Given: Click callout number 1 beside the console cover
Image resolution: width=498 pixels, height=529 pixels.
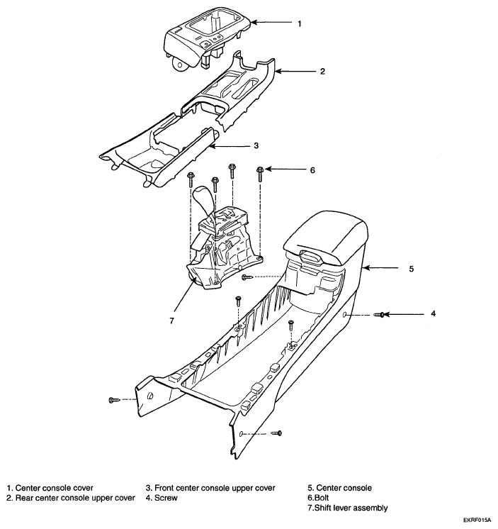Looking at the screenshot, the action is pyautogui.click(x=299, y=23).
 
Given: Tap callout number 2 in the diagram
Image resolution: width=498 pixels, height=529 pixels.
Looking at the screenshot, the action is pyautogui.click(x=322, y=72).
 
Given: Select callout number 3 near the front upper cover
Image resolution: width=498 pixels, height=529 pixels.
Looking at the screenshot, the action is pyautogui.click(x=256, y=146).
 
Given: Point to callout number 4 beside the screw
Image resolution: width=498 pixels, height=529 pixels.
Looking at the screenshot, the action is pyautogui.click(x=434, y=313).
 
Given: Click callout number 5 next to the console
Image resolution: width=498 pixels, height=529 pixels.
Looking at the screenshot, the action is pyautogui.click(x=412, y=269).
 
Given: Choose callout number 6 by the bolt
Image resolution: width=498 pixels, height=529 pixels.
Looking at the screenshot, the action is pyautogui.click(x=312, y=170).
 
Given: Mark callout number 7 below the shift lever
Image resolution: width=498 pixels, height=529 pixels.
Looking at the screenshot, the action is pyautogui.click(x=172, y=321).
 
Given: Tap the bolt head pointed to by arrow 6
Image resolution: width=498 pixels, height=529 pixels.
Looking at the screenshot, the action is pyautogui.click(x=260, y=169).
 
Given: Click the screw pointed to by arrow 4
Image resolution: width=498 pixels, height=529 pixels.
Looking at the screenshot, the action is pyautogui.click(x=381, y=314).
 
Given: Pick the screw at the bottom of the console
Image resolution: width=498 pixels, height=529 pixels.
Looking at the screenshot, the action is pyautogui.click(x=277, y=433).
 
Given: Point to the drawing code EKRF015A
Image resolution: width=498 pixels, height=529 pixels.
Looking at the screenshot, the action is pyautogui.click(x=477, y=520).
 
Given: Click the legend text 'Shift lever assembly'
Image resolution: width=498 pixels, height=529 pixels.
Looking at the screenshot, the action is pyautogui.click(x=351, y=508).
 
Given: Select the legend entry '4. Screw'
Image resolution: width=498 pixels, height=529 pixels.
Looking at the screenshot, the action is pyautogui.click(x=162, y=498).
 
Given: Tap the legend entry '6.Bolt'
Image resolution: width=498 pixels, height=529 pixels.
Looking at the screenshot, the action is pyautogui.click(x=318, y=498).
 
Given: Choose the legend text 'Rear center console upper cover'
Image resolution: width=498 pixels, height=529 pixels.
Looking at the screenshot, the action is pyautogui.click(x=75, y=498).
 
